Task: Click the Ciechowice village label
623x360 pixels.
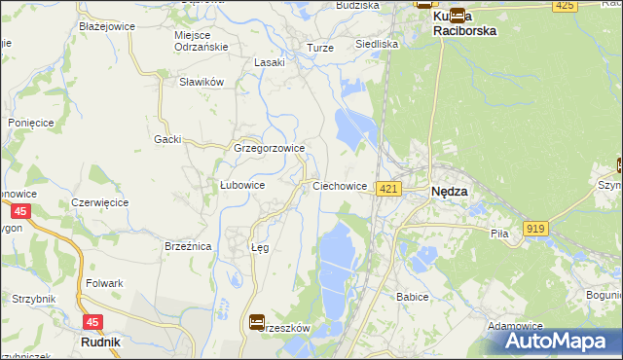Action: tap(340, 185)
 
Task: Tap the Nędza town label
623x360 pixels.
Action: tap(449, 192)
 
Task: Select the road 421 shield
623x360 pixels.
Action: tap(388, 188)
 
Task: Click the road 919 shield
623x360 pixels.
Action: tap(534, 228)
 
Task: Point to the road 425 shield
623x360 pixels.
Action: tap(564, 6)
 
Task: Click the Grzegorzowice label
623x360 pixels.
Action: tap(270, 149)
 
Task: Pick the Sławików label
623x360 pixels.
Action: tap(202, 82)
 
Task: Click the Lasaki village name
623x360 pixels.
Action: tap(269, 62)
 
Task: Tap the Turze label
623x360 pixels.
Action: tap(320, 48)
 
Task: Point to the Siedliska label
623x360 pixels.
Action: tap(377, 44)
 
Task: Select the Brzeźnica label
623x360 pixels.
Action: tap(188, 247)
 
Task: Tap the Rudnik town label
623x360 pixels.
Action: tap(100, 342)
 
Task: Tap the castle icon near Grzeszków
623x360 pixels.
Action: tap(257, 321)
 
